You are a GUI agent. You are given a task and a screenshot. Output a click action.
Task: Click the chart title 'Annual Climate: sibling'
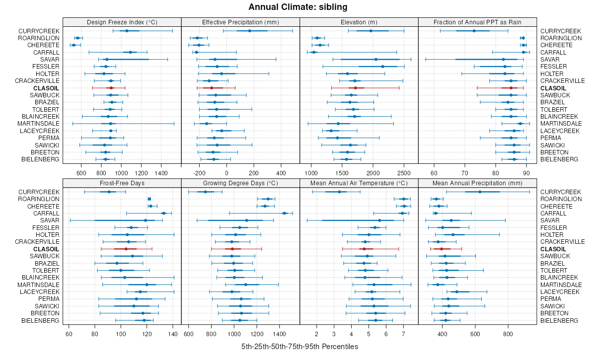coord(298,7)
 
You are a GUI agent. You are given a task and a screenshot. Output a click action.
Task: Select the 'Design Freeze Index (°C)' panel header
coord(122,22)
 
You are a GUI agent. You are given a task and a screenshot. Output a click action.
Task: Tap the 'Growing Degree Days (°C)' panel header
coord(240,183)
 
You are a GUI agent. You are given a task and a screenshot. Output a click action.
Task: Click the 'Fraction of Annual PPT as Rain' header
coord(477,22)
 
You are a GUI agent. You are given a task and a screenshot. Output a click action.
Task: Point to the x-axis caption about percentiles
coord(299,347)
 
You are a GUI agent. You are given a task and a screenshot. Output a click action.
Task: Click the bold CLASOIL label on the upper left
coord(46,88)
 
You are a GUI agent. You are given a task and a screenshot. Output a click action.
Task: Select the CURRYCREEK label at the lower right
coord(560,192)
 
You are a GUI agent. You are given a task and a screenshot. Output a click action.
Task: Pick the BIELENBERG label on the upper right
coord(559,159)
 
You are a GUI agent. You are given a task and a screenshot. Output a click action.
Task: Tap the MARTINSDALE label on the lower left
coord(39,285)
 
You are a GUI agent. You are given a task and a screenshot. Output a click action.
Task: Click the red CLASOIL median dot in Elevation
coord(356,88)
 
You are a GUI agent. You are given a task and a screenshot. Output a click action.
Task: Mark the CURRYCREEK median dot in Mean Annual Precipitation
coord(480,192)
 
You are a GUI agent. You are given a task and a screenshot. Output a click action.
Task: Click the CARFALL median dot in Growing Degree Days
coord(284,213)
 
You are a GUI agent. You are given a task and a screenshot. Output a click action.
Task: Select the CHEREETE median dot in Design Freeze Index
coord(74,45)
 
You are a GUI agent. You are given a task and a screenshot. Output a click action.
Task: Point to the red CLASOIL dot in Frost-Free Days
coord(126,249)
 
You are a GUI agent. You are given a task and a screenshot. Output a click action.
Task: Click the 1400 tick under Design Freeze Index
coord(161,173)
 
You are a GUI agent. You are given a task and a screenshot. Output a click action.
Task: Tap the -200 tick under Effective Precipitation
coord(200,173)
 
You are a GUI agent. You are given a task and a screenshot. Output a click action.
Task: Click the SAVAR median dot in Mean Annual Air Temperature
coord(379,220)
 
